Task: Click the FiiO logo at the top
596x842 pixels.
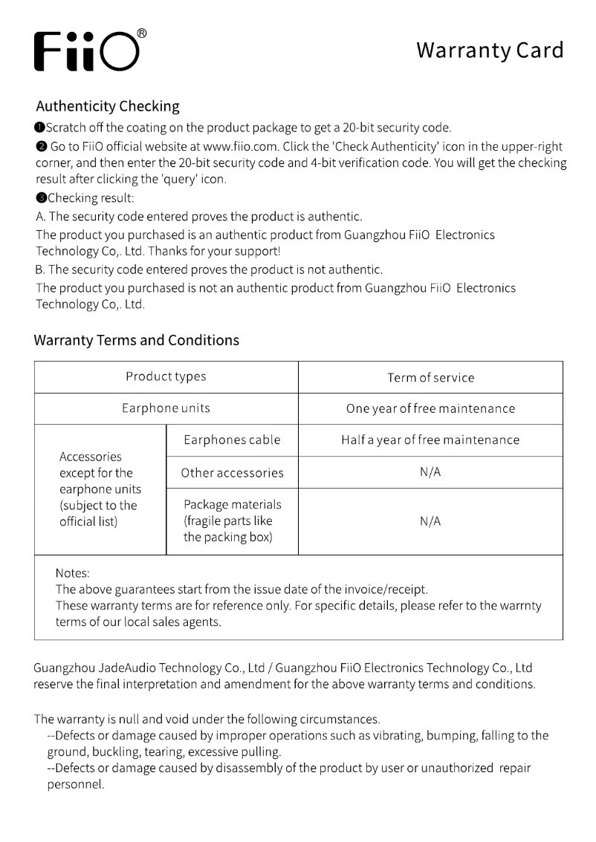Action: (85, 51)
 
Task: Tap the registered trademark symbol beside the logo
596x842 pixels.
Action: (142, 33)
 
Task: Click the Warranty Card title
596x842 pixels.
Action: (489, 50)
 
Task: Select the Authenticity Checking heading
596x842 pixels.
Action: (108, 106)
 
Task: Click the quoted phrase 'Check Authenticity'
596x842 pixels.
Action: (361, 147)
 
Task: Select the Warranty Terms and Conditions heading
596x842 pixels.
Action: (137, 340)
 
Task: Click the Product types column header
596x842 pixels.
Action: (166, 376)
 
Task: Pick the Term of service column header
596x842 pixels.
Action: (430, 377)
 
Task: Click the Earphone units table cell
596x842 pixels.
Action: (166, 408)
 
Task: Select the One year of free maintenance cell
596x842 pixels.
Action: (430, 408)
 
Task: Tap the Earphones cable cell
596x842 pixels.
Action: (232, 440)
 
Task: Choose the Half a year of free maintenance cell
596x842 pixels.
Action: (430, 440)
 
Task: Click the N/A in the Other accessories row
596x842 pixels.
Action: (430, 472)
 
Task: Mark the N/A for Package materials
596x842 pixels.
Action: (430, 521)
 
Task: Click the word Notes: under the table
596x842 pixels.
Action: (73, 573)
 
